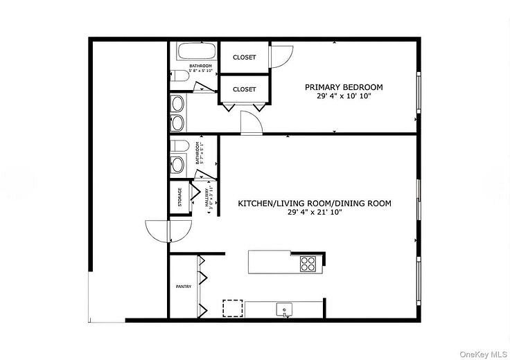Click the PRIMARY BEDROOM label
coord(344,87)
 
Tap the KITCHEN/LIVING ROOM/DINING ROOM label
coord(315,204)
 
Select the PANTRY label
coord(183,285)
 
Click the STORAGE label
coord(180,197)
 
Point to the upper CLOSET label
coord(244,57)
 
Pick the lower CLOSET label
coord(244,89)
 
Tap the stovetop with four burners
coord(308,263)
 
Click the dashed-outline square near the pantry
coord(233,307)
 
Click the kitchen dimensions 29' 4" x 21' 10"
coord(315,213)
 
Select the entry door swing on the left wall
coord(158,230)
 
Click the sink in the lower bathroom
coord(177,165)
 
